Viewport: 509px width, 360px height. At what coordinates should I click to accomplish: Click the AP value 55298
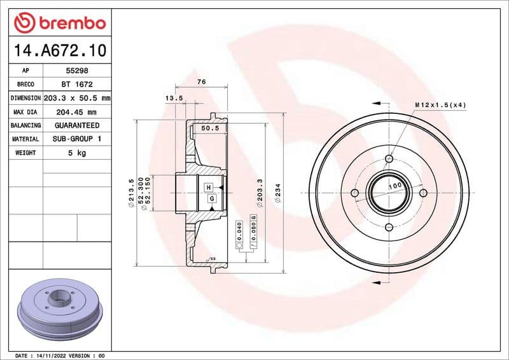(x=77, y=71)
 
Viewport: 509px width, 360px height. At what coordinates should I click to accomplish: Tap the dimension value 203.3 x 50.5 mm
(x=77, y=99)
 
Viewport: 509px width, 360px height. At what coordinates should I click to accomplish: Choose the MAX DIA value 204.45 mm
(x=77, y=112)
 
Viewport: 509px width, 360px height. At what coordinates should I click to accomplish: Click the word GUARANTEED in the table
(x=77, y=125)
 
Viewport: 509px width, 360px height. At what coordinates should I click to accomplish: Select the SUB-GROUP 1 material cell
(x=77, y=139)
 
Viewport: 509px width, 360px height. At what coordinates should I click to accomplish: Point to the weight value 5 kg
(x=77, y=153)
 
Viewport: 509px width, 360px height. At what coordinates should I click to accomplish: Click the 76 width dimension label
(x=201, y=81)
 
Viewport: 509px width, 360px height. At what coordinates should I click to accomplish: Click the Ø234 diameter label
(x=278, y=193)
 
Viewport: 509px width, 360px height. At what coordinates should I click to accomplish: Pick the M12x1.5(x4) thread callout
(x=440, y=104)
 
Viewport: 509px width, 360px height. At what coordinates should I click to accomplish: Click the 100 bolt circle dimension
(x=394, y=186)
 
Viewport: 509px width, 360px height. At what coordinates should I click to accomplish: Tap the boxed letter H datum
(x=208, y=188)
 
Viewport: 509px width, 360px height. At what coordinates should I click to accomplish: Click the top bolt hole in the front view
(x=390, y=159)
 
